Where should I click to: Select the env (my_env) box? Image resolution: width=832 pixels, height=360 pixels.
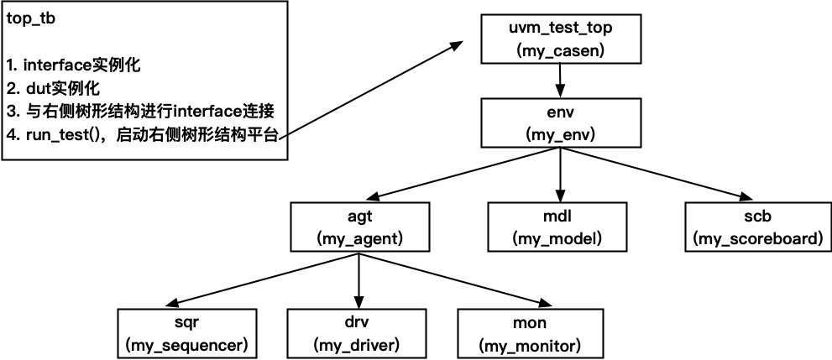[560, 123]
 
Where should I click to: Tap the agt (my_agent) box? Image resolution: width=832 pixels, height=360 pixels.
[359, 227]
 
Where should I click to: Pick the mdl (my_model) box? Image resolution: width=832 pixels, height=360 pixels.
[557, 227]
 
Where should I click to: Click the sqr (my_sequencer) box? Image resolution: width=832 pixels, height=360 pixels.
[186, 333]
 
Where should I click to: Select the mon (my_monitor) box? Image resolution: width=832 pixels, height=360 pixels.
[528, 333]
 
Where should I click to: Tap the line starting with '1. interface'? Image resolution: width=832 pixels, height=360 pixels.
[73, 65]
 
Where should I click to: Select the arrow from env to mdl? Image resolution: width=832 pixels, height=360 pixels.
[560, 175]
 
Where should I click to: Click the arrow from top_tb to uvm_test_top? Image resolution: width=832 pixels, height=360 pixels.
[369, 92]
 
